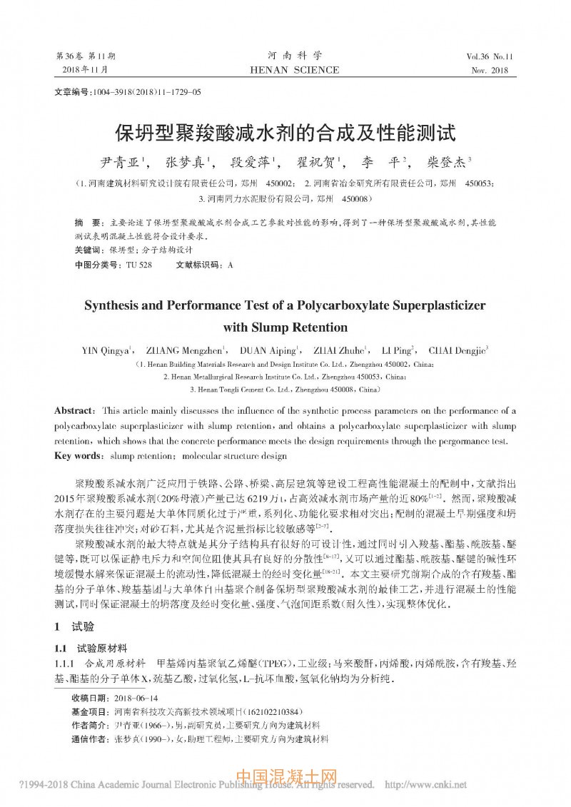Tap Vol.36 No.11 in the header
(493, 56)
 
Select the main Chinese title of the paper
(285, 133)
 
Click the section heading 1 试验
(74, 626)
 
